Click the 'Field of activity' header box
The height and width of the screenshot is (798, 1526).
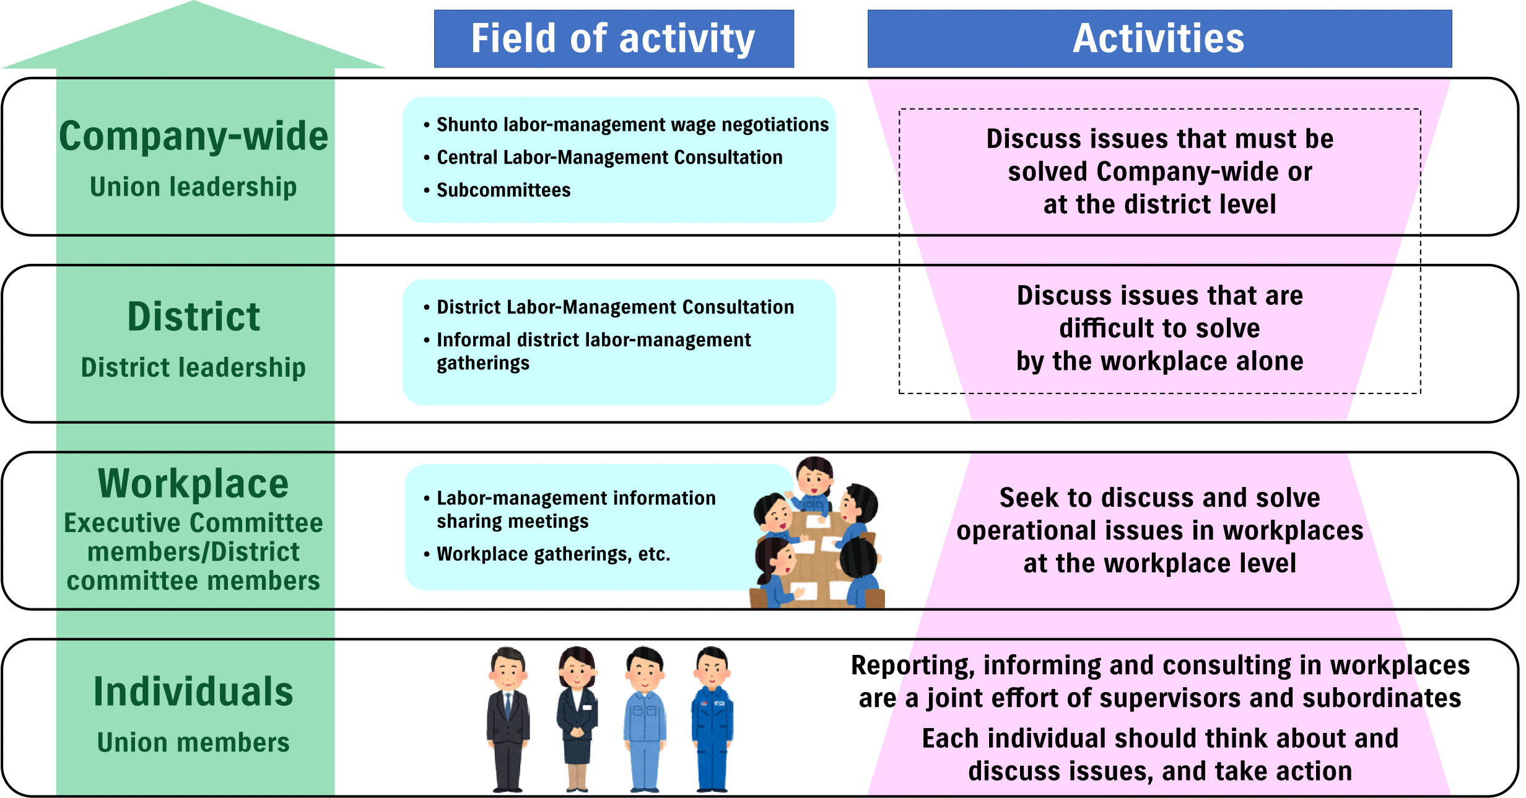[x=614, y=38]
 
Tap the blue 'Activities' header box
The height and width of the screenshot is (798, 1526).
[x=1159, y=38]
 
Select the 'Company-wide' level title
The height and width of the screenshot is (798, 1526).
[x=193, y=136]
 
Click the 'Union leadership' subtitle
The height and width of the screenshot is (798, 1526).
[x=193, y=186]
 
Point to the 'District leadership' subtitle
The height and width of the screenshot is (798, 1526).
[x=193, y=367]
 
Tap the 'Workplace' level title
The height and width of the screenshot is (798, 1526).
[x=193, y=483]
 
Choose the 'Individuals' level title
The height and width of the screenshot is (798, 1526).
[x=193, y=691]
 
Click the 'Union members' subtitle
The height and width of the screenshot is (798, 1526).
[x=193, y=742]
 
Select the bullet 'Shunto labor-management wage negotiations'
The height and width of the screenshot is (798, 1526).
[x=626, y=125]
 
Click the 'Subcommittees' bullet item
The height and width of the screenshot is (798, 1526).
[x=497, y=190]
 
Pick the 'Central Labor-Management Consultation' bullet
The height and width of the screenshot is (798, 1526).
[x=603, y=157]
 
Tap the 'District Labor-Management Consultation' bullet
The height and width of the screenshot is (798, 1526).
[x=609, y=307]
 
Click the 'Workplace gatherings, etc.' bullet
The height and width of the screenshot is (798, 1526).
[x=547, y=554]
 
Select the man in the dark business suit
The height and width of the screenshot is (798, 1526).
[x=508, y=719]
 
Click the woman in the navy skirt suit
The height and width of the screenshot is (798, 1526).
[x=577, y=719]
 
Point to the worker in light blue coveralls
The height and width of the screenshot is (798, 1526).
[x=645, y=719]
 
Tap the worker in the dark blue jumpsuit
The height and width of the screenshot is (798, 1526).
[x=712, y=719]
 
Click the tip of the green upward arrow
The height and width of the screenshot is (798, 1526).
[x=193, y=1]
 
